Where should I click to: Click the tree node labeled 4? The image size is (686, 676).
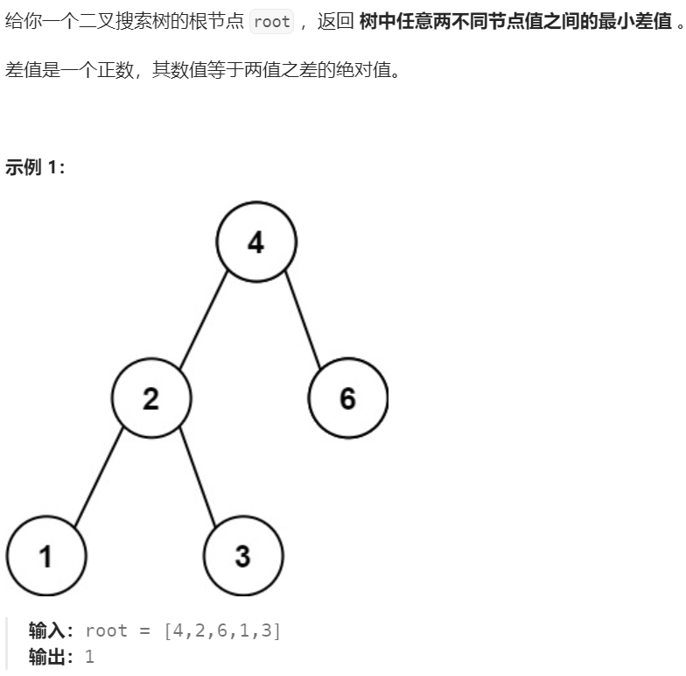pyautogui.click(x=256, y=242)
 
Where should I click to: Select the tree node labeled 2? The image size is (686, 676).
pyautogui.click(x=151, y=399)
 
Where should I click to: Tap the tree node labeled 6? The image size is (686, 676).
pyautogui.click(x=347, y=399)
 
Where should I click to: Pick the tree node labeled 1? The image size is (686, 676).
pyautogui.click(x=45, y=557)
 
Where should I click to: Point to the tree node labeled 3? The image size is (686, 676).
pyautogui.click(x=243, y=557)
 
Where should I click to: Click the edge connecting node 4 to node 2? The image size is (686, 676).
pyautogui.click(x=204, y=320)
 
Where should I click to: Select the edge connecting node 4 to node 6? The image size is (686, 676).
pyautogui.click(x=303, y=320)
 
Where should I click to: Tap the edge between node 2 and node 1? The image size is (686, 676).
pyautogui.click(x=99, y=478)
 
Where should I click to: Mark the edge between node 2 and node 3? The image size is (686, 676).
pyautogui.click(x=198, y=478)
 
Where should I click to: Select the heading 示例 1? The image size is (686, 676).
pyautogui.click(x=35, y=167)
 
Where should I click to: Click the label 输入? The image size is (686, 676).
pyautogui.click(x=51, y=630)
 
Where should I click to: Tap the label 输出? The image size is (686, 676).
pyautogui.click(x=51, y=657)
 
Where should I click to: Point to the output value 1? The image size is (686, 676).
pyautogui.click(x=89, y=657)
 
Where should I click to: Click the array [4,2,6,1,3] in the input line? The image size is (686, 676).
pyautogui.click(x=222, y=630)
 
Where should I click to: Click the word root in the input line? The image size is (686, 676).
pyautogui.click(x=107, y=630)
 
